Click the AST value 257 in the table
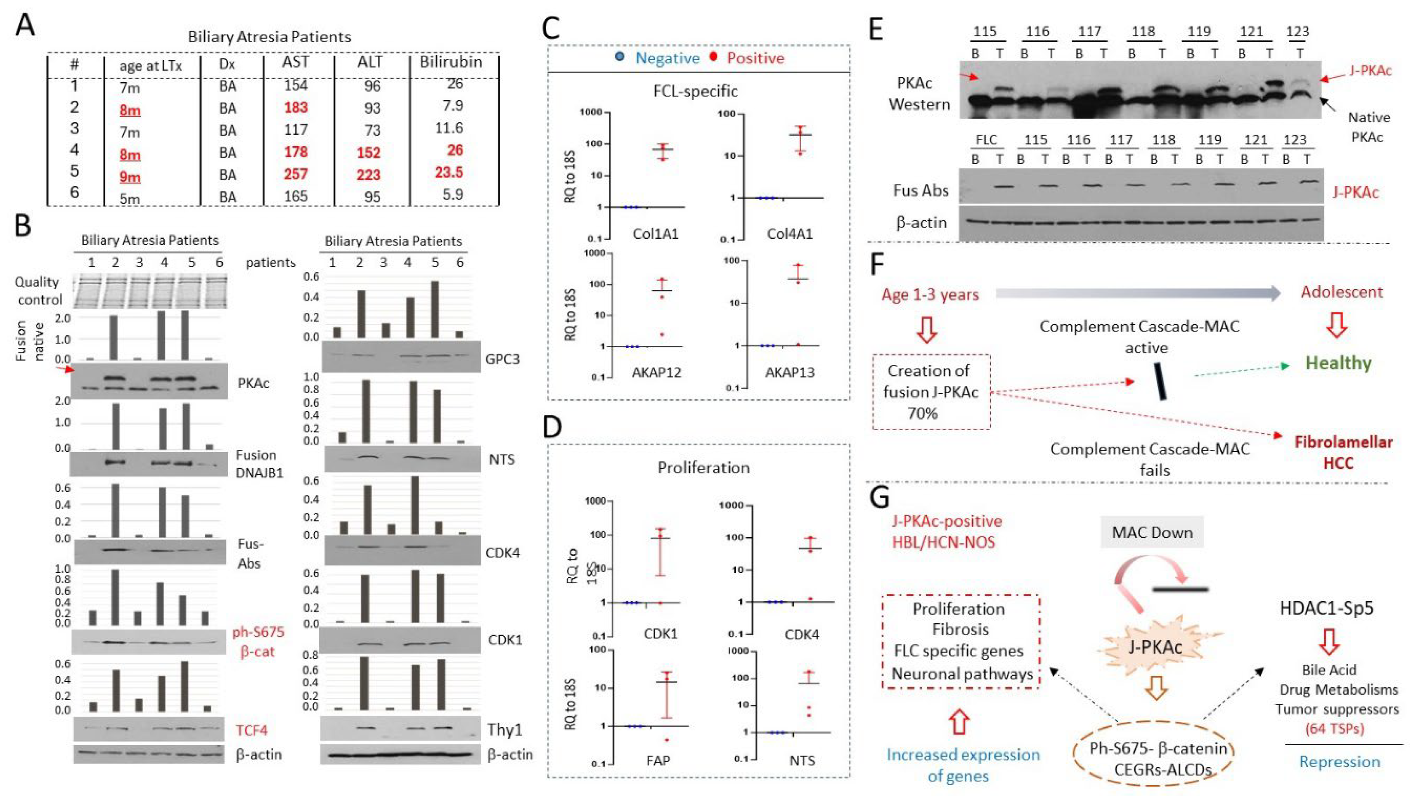coord(295,174)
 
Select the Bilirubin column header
coord(451,62)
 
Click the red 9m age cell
coord(130,177)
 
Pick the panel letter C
coord(557,28)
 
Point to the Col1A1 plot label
coord(656,234)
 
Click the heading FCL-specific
coord(695,90)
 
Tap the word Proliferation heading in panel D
coord(703,467)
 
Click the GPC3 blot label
coord(502,359)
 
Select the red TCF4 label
coord(251,730)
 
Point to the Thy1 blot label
coord(504,730)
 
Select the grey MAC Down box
coord(1152,532)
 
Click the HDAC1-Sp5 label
coord(1326,608)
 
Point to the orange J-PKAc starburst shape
coord(1154,647)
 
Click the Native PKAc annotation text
coord(1368,127)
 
